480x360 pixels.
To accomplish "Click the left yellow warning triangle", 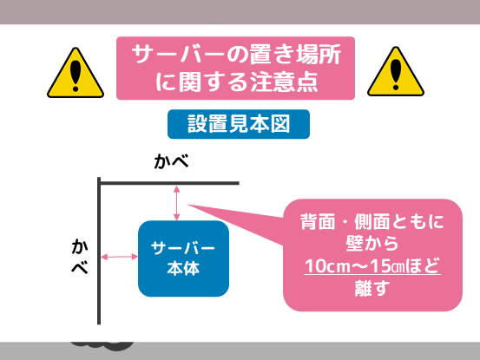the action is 76,74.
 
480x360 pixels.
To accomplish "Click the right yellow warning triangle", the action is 396,72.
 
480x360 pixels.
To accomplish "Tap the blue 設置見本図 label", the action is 239,124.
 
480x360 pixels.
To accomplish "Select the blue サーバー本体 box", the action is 183,259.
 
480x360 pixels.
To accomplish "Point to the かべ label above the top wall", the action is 171,161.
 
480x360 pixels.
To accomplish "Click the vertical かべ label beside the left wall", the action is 80,256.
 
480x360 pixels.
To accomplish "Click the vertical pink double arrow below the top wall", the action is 176,203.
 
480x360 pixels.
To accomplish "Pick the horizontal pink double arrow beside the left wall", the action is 120,257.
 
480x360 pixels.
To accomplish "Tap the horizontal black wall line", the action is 168,183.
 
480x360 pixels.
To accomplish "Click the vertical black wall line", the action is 99,251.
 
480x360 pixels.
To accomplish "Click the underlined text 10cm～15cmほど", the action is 372,265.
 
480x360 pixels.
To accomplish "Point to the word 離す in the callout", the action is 372,288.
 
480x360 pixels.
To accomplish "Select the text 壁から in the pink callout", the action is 372,244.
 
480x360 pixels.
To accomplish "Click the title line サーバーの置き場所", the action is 236,55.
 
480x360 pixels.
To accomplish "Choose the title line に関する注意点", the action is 237,82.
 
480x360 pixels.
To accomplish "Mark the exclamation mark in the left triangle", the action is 76,75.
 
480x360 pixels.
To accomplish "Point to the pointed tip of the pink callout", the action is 187,205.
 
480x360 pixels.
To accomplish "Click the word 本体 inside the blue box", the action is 183,268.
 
